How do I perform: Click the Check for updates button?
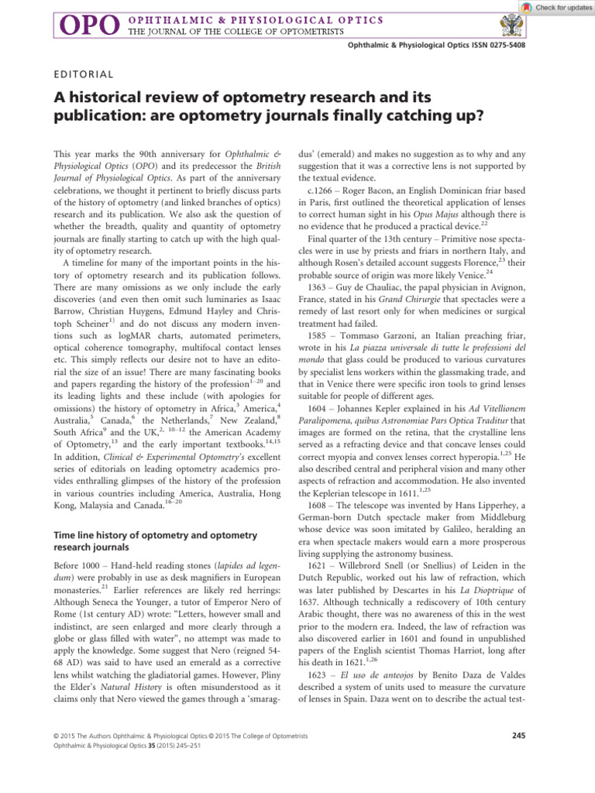point(552,7)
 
